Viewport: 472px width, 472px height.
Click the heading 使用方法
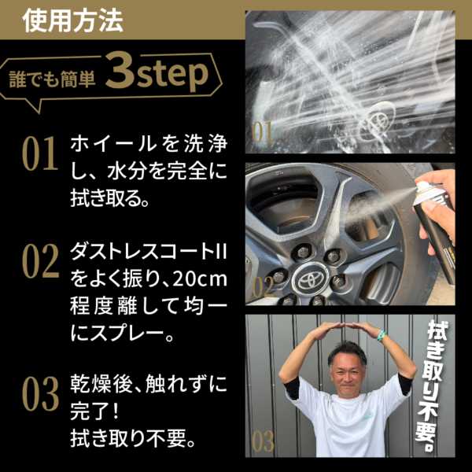pyautogui.click(x=72, y=20)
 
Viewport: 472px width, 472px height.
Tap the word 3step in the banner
pyautogui.click(x=157, y=72)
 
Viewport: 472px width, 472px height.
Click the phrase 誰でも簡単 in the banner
pyautogui.click(x=53, y=79)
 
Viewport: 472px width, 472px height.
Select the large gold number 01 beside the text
pyautogui.click(x=40, y=153)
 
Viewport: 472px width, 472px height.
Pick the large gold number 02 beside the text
pyautogui.click(x=40, y=260)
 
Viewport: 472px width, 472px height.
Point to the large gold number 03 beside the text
pyautogui.click(x=40, y=394)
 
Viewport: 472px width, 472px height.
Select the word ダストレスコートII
pyautogui.click(x=149, y=252)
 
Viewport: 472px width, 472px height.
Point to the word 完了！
pyautogui.click(x=94, y=411)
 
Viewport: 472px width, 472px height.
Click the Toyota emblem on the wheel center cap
pyautogui.click(x=310, y=279)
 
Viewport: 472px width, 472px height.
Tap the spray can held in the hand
pyautogui.click(x=433, y=232)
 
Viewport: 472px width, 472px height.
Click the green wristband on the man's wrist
pyautogui.click(x=382, y=335)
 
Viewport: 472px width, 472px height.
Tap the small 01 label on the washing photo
pyautogui.click(x=262, y=132)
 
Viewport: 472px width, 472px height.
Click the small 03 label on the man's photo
pyautogui.click(x=263, y=441)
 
